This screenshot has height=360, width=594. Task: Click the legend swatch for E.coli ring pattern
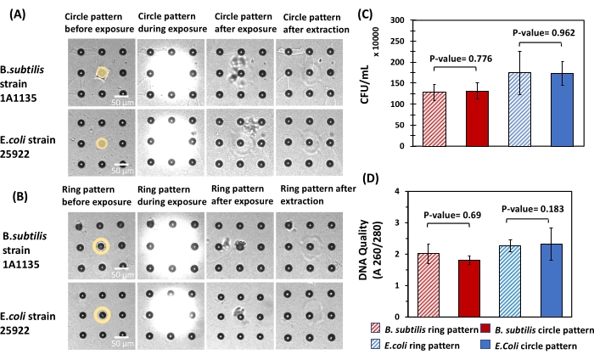tap(375, 346)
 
